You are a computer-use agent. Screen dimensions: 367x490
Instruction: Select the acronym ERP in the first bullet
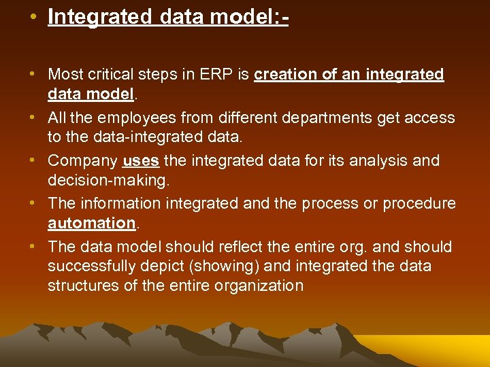[x=218, y=74]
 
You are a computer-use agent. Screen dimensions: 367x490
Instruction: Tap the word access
[x=430, y=118]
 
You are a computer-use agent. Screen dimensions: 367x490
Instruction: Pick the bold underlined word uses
[x=141, y=161]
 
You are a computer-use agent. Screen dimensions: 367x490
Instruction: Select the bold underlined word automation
[x=92, y=222]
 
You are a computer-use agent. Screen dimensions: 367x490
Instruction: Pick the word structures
[x=83, y=285]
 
